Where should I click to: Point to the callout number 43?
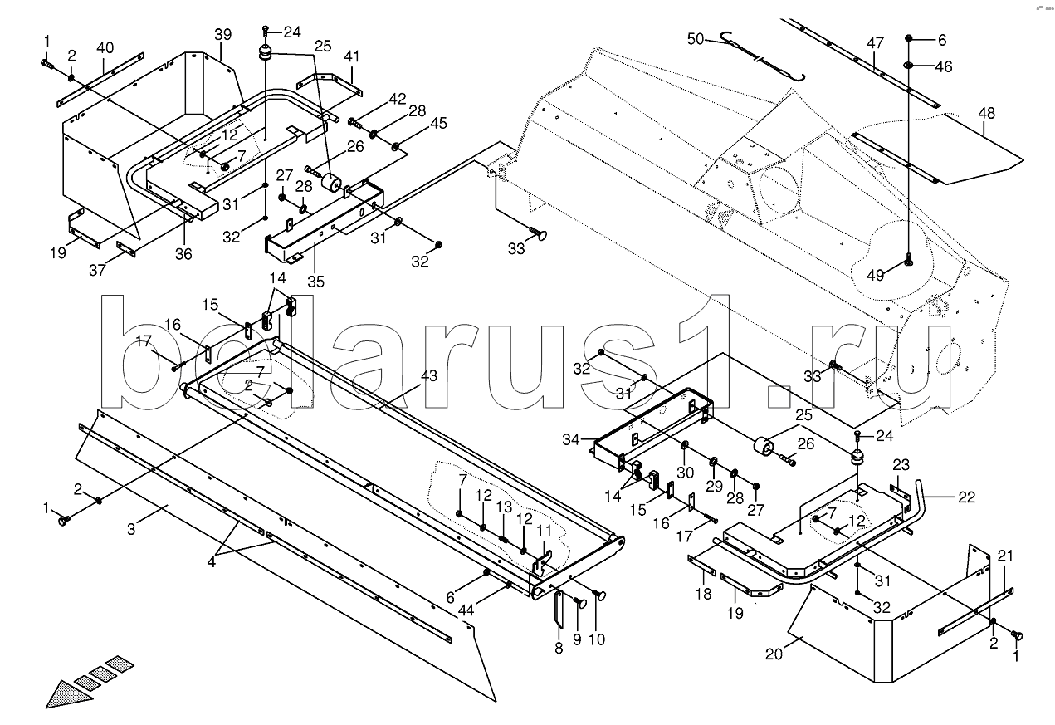[x=428, y=376]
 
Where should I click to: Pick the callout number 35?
[x=315, y=280]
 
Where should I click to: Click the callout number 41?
[x=352, y=56]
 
